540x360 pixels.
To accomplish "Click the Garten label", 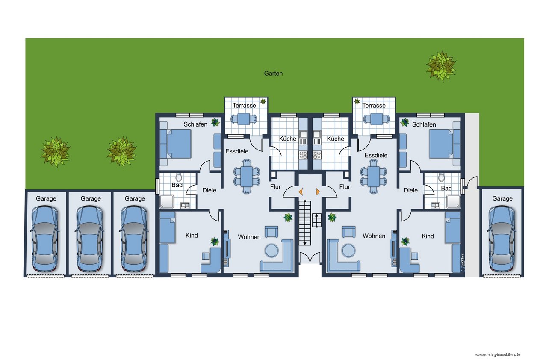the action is (273, 73).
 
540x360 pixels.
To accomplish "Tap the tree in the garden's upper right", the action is (441, 66).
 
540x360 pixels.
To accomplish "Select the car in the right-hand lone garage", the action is (502, 239).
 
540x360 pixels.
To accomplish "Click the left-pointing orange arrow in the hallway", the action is (301, 192).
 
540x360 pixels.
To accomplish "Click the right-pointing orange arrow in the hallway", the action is (318, 192).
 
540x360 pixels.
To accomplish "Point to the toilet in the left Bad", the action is (179, 178).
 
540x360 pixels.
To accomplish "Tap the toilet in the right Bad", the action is (441, 178).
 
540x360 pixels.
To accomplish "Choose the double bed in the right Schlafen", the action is (445, 144).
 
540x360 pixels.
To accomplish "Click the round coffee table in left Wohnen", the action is (271, 251).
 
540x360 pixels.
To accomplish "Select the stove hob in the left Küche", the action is (303, 155).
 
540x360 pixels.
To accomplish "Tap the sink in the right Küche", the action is (317, 137).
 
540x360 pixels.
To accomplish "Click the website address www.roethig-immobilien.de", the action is (498, 354).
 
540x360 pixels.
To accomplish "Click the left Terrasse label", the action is (244, 105).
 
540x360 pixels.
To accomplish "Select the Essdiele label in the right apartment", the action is (376, 155).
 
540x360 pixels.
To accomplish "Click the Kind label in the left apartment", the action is (192, 235).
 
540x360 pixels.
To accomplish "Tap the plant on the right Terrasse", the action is (357, 101).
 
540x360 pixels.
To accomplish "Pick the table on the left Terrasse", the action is (244, 119).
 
